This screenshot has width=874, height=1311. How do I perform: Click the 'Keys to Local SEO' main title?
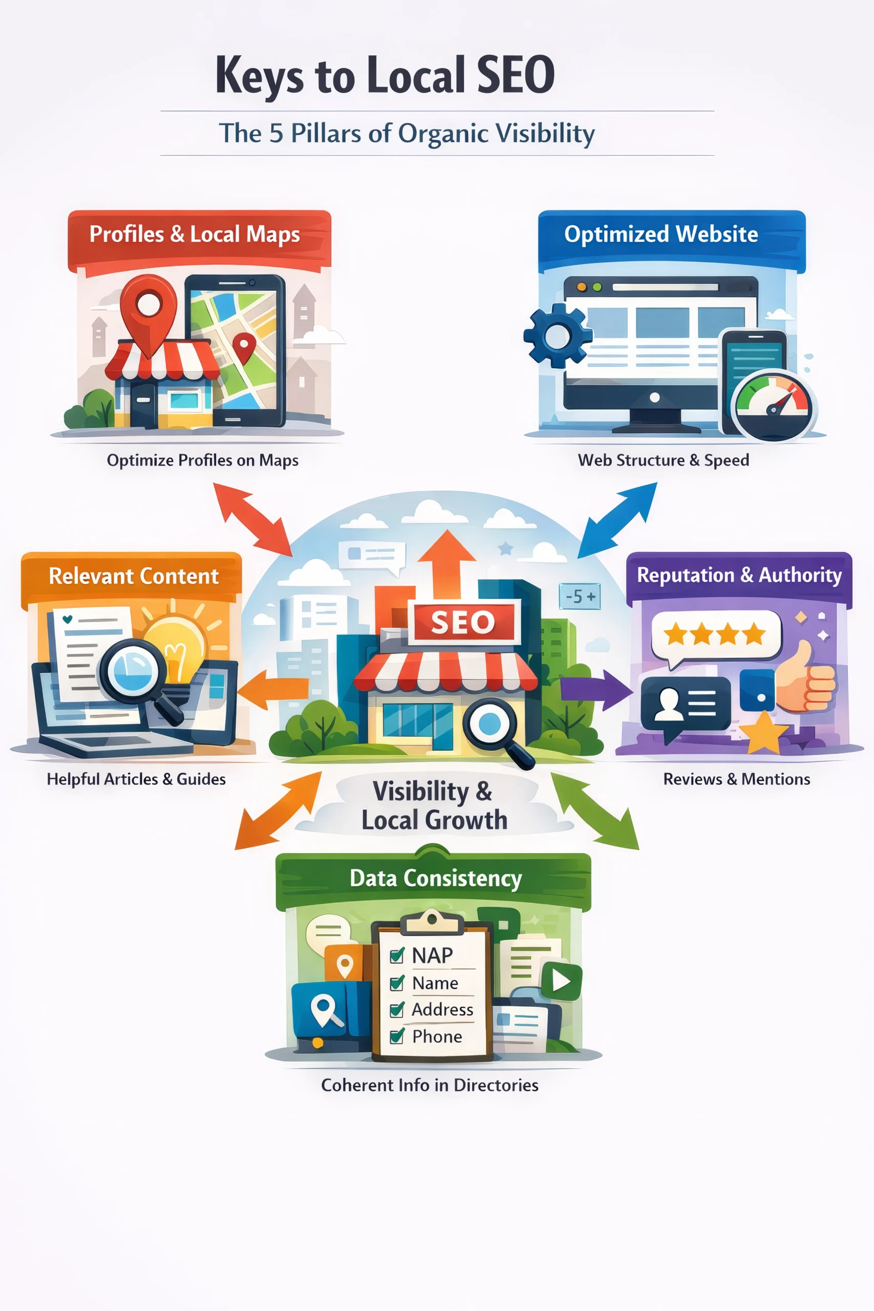(x=385, y=75)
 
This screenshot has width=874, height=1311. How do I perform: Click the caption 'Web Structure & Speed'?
(x=663, y=460)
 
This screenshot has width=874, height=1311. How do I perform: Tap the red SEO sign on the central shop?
(x=463, y=622)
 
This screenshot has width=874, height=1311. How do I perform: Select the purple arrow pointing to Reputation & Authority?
(x=596, y=689)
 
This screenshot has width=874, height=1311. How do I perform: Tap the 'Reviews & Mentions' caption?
(x=736, y=779)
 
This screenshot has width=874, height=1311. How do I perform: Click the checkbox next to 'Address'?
(x=397, y=1010)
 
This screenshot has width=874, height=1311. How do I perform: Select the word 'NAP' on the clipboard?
(x=432, y=956)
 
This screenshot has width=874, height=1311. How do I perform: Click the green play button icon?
(x=561, y=981)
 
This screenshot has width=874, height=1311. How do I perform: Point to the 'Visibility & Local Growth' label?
(x=434, y=806)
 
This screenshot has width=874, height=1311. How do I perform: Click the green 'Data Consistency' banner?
(x=435, y=878)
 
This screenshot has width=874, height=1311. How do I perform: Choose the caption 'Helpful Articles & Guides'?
(x=136, y=779)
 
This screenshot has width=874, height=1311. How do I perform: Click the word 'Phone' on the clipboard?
(x=437, y=1037)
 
